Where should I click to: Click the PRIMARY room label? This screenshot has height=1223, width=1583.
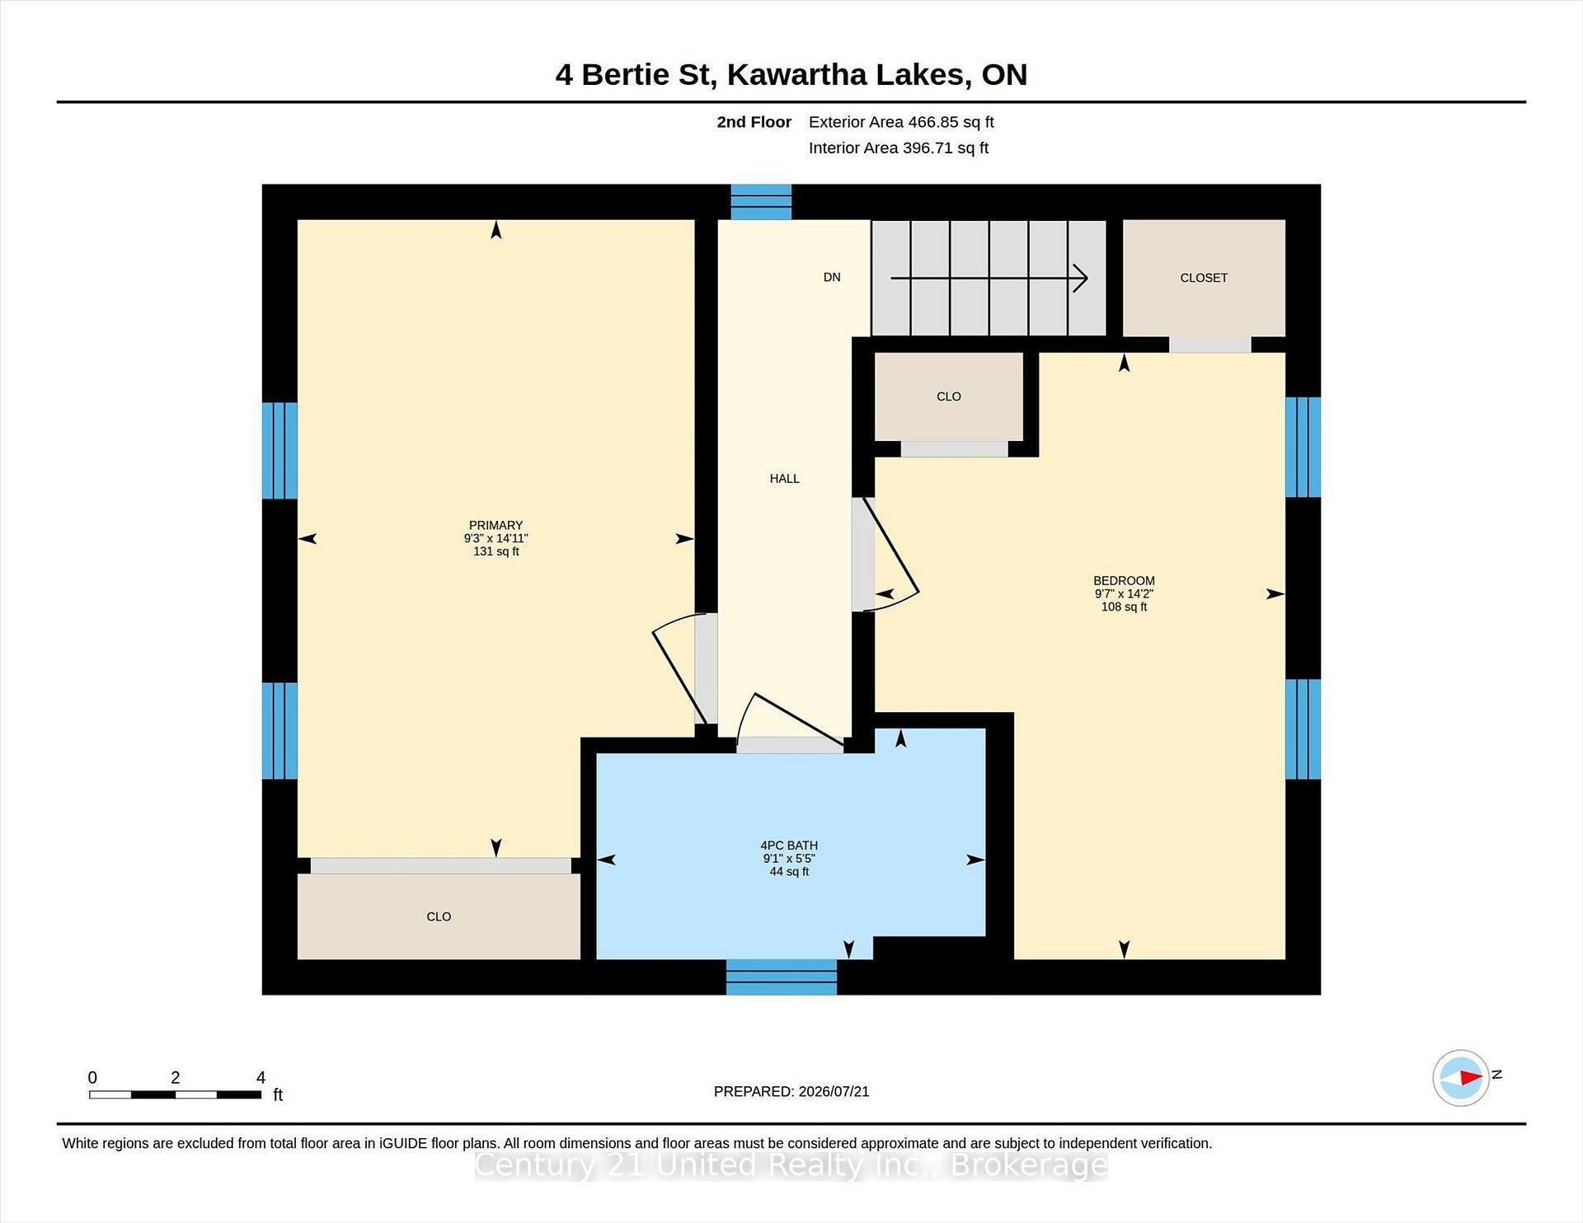tap(496, 525)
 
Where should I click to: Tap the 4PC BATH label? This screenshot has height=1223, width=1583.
tap(789, 845)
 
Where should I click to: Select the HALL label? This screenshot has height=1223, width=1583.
tap(784, 478)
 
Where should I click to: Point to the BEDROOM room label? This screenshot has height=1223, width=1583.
tap(1124, 580)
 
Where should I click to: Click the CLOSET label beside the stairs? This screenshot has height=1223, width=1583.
tap(1204, 278)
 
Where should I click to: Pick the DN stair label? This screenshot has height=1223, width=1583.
tap(832, 277)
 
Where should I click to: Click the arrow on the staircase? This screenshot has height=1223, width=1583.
tap(989, 279)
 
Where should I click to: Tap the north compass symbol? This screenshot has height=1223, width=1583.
tap(1461, 1077)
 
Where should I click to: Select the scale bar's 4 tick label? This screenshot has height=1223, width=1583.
tap(261, 1077)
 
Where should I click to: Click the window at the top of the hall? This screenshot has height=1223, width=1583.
tap(761, 202)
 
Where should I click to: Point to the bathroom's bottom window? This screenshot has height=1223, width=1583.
tap(781, 977)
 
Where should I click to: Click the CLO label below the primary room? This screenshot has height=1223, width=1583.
tap(439, 916)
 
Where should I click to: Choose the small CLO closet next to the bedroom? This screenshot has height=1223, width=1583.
tap(949, 396)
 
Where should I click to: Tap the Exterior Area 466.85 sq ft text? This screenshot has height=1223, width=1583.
tap(901, 122)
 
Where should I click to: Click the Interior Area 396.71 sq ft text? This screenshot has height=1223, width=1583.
tap(899, 148)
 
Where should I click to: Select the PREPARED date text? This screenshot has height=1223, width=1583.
tap(791, 1091)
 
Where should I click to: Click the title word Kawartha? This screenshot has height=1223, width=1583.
tap(797, 75)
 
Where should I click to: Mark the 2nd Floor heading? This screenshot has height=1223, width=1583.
tap(754, 122)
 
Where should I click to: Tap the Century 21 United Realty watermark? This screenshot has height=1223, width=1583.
tap(791, 1165)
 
